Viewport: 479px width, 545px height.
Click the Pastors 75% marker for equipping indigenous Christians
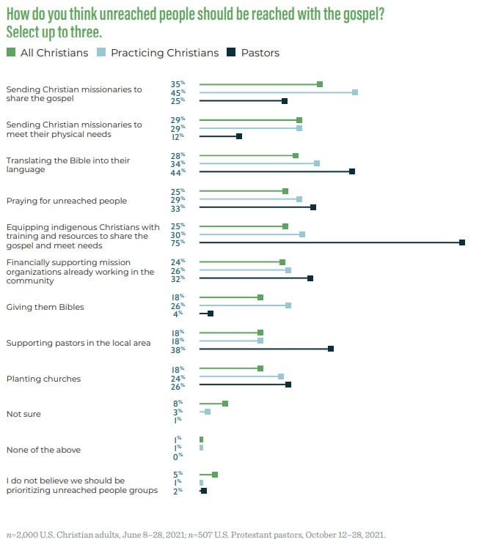coord(462,242)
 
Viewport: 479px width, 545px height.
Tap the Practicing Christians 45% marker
coord(355,92)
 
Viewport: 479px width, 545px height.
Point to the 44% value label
coord(178,171)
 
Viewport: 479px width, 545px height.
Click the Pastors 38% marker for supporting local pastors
coord(331,349)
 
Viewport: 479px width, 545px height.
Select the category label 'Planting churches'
coord(43,379)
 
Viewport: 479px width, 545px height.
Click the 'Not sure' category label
coord(23,414)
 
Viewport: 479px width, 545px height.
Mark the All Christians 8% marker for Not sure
coord(225,404)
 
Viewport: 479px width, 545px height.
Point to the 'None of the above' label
coord(43,450)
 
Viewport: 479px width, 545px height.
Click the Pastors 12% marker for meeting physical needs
coord(239,136)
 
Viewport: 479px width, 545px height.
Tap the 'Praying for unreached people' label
coord(66,201)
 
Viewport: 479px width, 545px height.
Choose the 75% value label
coord(178,242)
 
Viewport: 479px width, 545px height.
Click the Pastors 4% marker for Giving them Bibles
coord(211,314)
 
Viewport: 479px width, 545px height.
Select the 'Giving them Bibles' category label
coord(45,307)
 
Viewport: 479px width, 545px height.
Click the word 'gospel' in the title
coord(359,15)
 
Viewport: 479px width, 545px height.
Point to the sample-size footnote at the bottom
coord(195,535)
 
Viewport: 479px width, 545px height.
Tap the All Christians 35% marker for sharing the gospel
coord(320,84)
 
